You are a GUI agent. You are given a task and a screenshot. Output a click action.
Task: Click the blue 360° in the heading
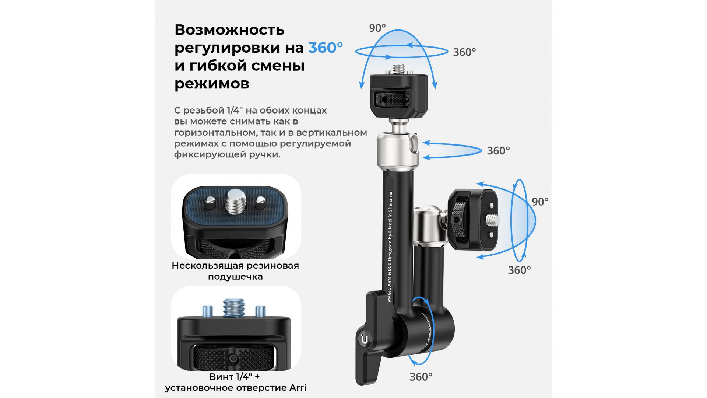[x=326, y=48]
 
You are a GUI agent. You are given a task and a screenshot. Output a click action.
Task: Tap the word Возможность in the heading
[x=229, y=29]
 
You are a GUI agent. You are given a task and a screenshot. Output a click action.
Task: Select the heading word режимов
[x=212, y=84]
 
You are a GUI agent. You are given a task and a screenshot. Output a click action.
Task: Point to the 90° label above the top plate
[x=377, y=28]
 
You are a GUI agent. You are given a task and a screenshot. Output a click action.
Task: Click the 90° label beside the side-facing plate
[x=540, y=202]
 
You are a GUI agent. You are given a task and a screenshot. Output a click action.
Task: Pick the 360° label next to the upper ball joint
[x=498, y=151]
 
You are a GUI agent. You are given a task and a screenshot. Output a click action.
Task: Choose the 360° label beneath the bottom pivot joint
[x=421, y=377]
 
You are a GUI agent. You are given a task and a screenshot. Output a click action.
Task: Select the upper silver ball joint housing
[x=398, y=149]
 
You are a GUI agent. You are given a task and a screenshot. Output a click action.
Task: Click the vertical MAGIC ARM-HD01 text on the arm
[x=390, y=246]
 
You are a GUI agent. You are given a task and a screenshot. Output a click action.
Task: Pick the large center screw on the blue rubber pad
[x=235, y=201]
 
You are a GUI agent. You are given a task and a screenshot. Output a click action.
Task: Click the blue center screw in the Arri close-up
[x=234, y=308]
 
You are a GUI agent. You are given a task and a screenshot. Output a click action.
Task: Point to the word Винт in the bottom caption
[x=221, y=377]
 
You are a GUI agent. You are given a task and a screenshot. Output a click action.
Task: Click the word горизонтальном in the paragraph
[x=216, y=133]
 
